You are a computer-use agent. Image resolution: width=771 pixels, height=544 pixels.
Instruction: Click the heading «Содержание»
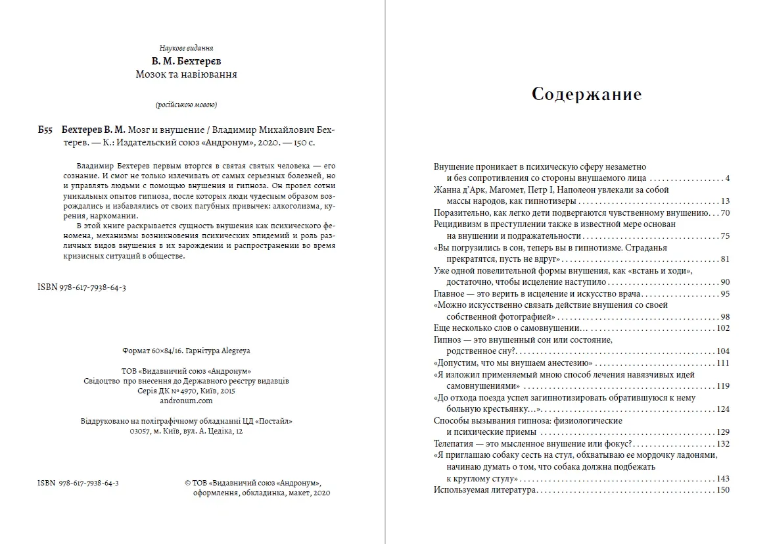pyautogui.click(x=586, y=94)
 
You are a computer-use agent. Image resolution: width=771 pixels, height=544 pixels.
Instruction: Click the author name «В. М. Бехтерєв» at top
pyautogui.click(x=186, y=61)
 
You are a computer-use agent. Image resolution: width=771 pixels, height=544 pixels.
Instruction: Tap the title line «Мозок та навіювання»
pyautogui.click(x=186, y=74)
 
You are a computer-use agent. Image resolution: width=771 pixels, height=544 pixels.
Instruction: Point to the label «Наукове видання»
pyautogui.click(x=186, y=48)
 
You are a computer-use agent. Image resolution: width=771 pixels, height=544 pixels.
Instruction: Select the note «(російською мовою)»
pyautogui.click(x=186, y=105)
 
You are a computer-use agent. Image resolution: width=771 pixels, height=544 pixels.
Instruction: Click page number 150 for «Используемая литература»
pyautogui.click(x=723, y=490)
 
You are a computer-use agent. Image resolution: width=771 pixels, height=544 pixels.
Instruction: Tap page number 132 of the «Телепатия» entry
pyautogui.click(x=723, y=444)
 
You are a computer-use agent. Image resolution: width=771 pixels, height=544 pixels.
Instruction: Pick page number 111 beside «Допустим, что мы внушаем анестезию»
pyautogui.click(x=723, y=363)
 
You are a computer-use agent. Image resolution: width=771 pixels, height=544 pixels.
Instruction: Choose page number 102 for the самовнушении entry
pyautogui.click(x=723, y=328)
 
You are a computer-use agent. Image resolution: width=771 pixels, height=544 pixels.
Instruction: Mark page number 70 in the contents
pyautogui.click(x=725, y=213)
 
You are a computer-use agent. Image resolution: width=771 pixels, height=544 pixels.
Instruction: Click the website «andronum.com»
pyautogui.click(x=187, y=400)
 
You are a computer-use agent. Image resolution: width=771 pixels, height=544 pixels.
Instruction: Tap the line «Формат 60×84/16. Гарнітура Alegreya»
pyautogui.click(x=187, y=351)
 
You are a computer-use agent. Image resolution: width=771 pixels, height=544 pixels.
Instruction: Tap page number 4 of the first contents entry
pyautogui.click(x=728, y=179)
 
